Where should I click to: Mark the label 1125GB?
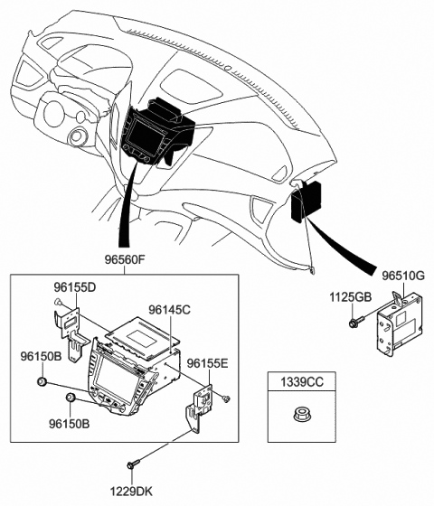pos(350,297)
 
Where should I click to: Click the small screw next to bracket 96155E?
pos(225,398)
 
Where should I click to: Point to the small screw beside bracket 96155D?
pos(59,303)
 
